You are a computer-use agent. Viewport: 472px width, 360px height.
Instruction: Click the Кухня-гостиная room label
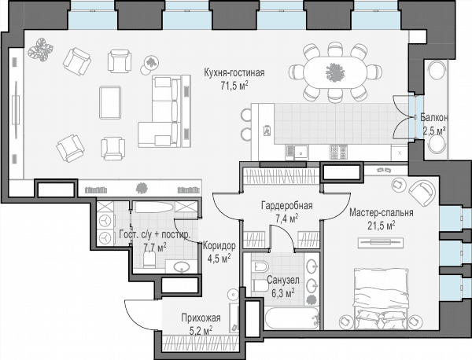pyautogui.click(x=234, y=73)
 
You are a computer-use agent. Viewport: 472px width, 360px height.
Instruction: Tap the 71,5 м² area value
pyautogui.click(x=234, y=86)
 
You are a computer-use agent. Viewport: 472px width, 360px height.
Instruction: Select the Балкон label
pyautogui.click(x=433, y=117)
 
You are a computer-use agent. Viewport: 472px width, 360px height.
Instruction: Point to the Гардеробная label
pyautogui.click(x=286, y=205)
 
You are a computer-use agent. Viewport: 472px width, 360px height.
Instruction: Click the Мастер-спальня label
pyautogui.click(x=381, y=213)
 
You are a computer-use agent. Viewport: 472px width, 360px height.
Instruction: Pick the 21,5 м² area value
pyautogui.click(x=381, y=226)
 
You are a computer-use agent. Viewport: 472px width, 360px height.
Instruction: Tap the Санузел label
pyautogui.click(x=283, y=280)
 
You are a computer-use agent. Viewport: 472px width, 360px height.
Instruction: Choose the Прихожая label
pyautogui.click(x=201, y=318)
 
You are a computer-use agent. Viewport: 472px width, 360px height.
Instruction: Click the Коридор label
pyautogui.click(x=219, y=246)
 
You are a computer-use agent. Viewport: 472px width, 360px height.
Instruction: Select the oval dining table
pyautogui.click(x=335, y=72)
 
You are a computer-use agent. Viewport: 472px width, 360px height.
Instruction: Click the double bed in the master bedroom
pyautogui.click(x=382, y=299)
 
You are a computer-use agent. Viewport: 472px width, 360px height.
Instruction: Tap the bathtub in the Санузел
pyautogui.click(x=292, y=318)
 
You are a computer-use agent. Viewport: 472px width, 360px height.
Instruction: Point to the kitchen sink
pyautogui.click(x=301, y=152)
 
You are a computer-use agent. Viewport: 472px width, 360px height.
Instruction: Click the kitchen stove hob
pyautogui.click(x=338, y=152)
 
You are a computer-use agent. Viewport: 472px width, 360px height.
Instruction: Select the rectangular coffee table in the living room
pyautogui.click(x=110, y=102)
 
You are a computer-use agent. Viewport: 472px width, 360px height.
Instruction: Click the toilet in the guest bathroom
pyautogui.click(x=149, y=260)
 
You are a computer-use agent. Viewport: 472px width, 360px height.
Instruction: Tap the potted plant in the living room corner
pyautogui.click(x=40, y=50)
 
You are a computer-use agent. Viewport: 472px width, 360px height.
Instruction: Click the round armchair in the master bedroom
pyautogui.click(x=422, y=193)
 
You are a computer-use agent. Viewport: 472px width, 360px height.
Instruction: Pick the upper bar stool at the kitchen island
pyautogui.click(x=246, y=115)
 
